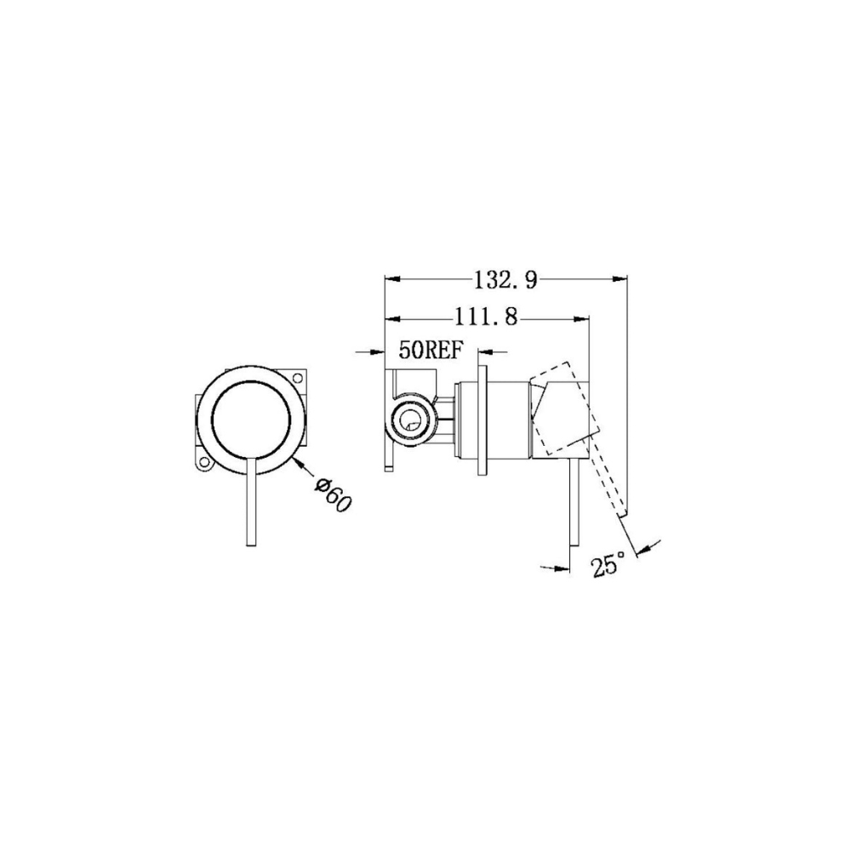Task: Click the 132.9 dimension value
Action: [505, 280]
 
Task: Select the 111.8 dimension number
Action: [486, 317]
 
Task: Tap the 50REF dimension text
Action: [431, 351]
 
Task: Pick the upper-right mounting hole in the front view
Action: [297, 377]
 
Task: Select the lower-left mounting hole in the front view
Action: [204, 462]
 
